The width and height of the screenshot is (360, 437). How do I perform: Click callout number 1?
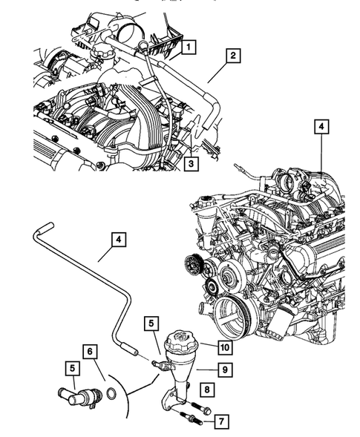189,48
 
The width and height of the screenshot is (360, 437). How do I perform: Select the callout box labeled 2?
232,55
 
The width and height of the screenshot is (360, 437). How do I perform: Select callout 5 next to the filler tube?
151,323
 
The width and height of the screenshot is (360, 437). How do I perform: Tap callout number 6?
88,350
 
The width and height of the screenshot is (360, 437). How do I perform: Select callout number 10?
221,345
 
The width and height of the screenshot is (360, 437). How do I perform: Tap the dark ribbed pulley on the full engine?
193,263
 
